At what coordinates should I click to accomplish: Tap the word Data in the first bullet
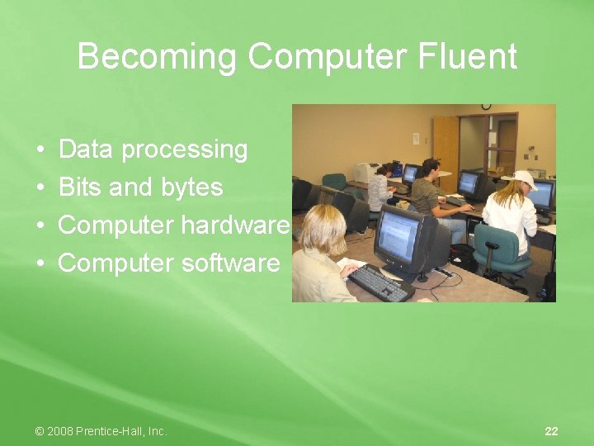tap(87, 149)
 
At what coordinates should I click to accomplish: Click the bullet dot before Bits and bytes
tap(41, 188)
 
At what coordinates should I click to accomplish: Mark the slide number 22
tap(551, 431)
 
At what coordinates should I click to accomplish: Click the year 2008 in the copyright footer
tap(60, 431)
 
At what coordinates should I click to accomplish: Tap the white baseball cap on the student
tap(522, 178)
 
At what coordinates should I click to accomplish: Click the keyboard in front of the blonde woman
tap(379, 282)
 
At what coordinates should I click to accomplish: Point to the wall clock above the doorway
tap(486, 107)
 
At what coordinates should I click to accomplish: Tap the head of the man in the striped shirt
tap(430, 168)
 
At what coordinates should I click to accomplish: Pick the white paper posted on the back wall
tap(416, 138)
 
